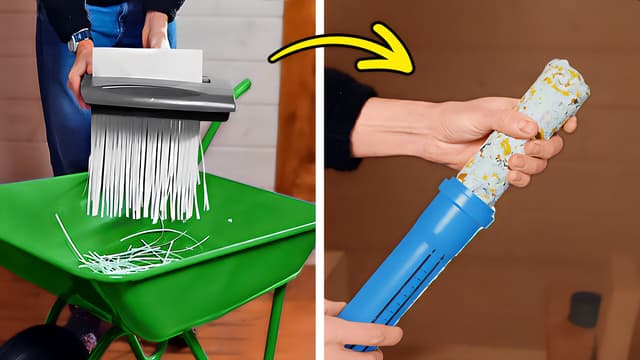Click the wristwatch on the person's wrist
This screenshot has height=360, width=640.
point(76,39)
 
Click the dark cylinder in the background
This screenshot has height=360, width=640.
point(584,309)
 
